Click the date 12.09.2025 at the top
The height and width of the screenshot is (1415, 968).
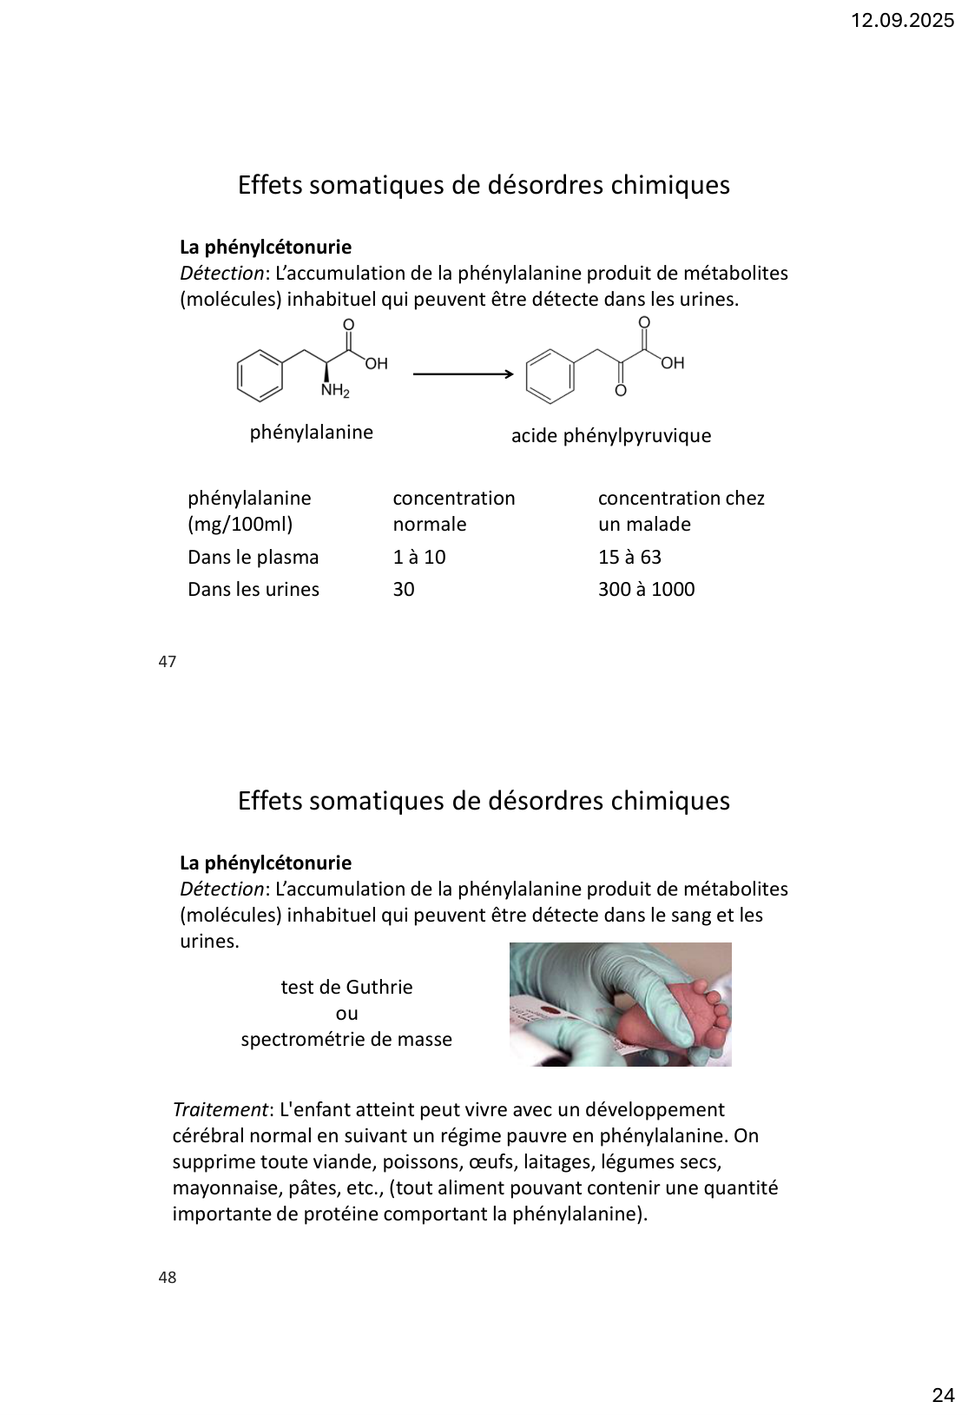(x=902, y=21)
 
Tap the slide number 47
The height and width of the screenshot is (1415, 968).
(x=168, y=662)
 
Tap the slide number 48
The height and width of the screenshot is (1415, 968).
(x=168, y=1278)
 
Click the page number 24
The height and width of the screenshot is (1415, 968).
(x=943, y=1372)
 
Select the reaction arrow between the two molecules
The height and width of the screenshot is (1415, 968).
(x=464, y=374)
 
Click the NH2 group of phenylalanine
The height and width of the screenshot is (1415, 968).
(x=335, y=392)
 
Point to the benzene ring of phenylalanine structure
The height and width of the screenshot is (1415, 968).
(x=260, y=375)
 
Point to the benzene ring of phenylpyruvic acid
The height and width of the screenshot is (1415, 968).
(x=550, y=377)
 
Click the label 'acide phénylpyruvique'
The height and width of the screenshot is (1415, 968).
(x=610, y=436)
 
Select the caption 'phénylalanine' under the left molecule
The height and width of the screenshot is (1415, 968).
(x=311, y=433)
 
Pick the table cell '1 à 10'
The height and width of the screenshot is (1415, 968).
(x=419, y=558)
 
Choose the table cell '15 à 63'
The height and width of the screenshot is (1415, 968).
(x=629, y=558)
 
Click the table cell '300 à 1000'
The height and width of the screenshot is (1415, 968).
(x=646, y=590)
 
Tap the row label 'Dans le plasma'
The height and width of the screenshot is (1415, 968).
(x=253, y=558)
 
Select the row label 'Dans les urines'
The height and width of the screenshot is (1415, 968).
(x=253, y=590)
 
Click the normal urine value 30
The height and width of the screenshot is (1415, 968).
(x=404, y=590)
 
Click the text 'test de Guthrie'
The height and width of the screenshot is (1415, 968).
(x=346, y=988)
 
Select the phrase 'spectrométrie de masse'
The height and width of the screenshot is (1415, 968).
(x=346, y=1040)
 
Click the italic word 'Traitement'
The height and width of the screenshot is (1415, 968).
(x=220, y=1110)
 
